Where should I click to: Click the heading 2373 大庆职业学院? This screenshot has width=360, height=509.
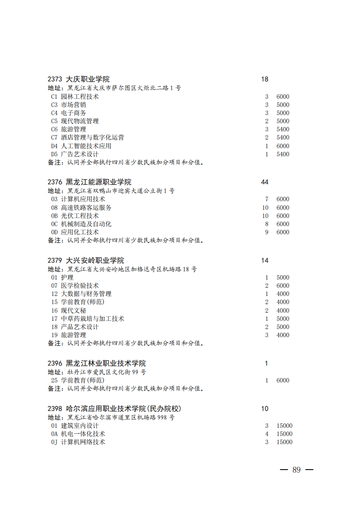click(78, 79)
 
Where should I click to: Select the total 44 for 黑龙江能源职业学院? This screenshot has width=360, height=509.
click(265, 182)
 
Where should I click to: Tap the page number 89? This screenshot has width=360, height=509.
click(297, 470)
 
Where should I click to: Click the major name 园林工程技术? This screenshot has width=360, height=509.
click(80, 97)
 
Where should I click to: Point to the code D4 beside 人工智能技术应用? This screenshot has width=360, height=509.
click(54, 146)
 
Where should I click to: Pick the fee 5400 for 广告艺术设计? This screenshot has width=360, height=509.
click(283, 154)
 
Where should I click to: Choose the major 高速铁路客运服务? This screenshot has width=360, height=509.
click(86, 208)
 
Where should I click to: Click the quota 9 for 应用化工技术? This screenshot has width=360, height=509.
click(267, 232)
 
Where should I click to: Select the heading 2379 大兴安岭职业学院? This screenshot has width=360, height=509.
click(86, 261)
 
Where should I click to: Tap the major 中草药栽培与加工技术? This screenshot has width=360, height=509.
click(92, 319)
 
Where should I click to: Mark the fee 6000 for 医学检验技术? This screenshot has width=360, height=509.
click(283, 286)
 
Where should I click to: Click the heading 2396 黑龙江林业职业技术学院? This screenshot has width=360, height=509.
click(97, 364)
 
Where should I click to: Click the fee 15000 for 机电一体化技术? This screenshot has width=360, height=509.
click(284, 434)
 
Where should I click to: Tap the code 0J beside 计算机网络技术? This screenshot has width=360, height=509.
click(54, 442)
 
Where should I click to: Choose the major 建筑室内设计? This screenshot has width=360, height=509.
click(80, 426)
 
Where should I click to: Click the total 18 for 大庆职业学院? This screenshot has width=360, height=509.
click(265, 79)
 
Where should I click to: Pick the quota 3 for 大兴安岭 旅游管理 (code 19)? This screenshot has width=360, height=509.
click(267, 335)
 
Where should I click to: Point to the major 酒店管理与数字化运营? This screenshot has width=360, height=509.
click(92, 137)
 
